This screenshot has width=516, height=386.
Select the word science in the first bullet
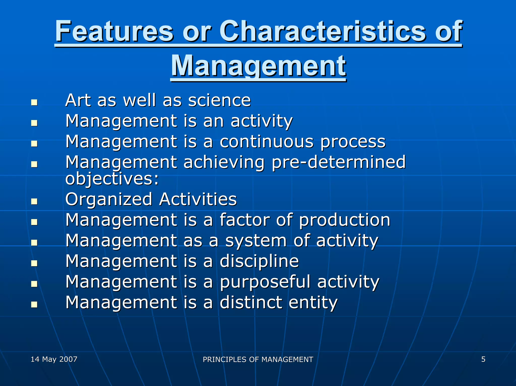coord(219,100)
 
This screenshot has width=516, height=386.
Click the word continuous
coord(267,141)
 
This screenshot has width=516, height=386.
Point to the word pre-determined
coord(339,162)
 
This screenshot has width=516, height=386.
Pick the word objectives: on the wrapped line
coord(112,179)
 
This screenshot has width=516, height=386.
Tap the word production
coord(344,220)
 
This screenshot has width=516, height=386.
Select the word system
coord(256,241)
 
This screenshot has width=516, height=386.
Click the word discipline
coord(259,261)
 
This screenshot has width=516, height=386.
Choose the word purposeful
coord(265,282)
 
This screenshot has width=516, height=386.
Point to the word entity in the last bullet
coord(313,302)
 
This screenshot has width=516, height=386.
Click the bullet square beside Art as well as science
coord(34,102)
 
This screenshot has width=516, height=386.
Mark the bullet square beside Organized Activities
coord(34,201)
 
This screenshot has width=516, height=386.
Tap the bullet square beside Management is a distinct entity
coord(34,305)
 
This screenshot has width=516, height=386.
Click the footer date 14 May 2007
coord(54,359)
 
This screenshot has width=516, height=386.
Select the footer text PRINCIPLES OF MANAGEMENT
coord(258,359)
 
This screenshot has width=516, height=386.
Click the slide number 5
coord(483,359)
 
